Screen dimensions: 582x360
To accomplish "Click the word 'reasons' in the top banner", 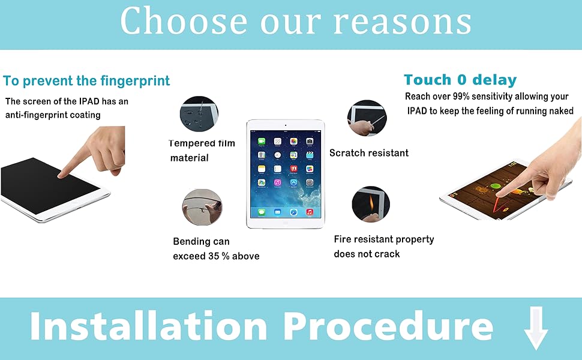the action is click(403, 22).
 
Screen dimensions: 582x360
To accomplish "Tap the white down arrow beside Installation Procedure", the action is click(536, 328).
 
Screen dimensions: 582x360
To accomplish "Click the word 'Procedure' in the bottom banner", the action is click(389, 326).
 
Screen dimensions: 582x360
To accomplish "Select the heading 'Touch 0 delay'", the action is click(460, 80).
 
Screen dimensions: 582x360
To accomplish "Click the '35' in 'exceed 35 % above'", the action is click(214, 256).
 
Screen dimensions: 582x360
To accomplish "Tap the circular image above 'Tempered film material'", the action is click(199, 113).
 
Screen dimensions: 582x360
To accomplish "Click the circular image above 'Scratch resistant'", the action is click(367, 118).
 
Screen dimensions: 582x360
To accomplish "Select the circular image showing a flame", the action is click(371, 204).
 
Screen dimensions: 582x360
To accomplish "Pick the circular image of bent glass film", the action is click(202, 207).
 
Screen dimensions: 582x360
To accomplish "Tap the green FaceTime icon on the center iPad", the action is click(262, 142).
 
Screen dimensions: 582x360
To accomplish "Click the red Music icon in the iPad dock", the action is click(309, 212).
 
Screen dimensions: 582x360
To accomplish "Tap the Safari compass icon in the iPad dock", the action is click(293, 212).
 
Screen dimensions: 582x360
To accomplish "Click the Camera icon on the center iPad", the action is click(310, 142).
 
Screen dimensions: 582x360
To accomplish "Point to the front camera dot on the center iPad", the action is click(285, 125).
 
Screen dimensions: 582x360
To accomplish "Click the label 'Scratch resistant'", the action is click(369, 153).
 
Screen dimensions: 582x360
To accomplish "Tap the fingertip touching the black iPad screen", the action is click(62, 173).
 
